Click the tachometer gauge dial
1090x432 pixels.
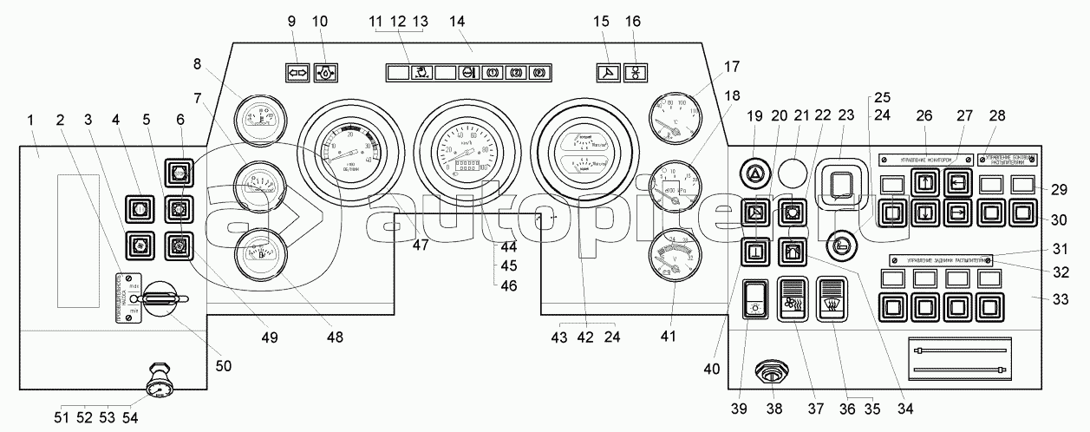click(x=350, y=149)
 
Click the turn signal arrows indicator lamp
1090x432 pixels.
click(x=297, y=73)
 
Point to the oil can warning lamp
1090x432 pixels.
click(x=326, y=73)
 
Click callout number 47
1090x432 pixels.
click(x=421, y=245)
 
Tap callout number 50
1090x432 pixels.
click(x=224, y=367)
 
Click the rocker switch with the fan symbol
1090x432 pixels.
click(x=793, y=300)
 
